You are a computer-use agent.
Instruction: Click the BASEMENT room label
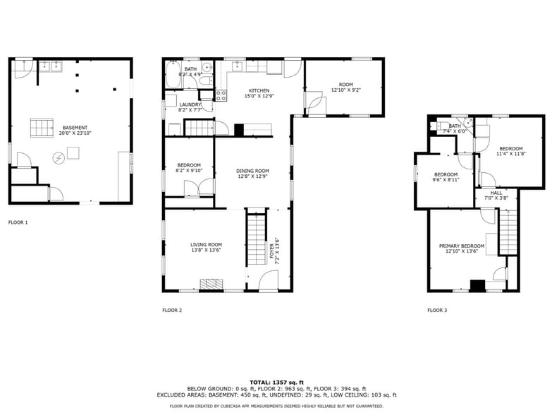click(75, 128)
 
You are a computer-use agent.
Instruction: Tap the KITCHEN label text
click(259, 90)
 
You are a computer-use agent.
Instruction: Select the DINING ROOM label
click(252, 171)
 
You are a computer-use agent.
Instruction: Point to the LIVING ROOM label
click(206, 244)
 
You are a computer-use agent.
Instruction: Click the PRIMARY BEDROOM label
click(462, 246)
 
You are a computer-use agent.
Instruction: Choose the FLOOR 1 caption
click(18, 222)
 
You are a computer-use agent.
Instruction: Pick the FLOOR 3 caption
click(437, 310)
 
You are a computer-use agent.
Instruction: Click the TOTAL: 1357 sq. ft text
click(276, 383)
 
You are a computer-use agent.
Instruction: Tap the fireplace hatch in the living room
click(211, 284)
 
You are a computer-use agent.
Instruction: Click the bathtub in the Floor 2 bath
click(173, 75)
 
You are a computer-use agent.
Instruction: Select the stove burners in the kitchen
click(221, 95)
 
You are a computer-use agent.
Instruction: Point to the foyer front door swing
click(269, 280)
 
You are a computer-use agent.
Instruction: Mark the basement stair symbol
click(42, 128)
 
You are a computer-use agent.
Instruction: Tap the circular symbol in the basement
click(58, 158)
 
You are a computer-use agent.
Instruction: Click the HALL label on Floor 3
click(496, 193)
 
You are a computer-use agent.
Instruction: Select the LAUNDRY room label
click(190, 104)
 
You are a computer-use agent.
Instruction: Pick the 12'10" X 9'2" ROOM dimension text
click(346, 90)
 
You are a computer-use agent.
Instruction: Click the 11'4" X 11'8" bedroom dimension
click(511, 154)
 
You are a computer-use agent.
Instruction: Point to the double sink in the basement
click(50, 66)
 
